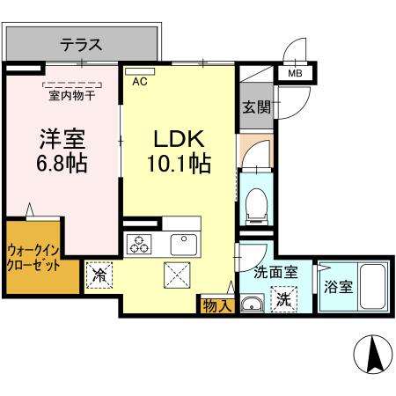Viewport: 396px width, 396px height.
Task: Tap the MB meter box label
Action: tap(294, 75)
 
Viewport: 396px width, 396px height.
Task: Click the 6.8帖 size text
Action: tap(62, 165)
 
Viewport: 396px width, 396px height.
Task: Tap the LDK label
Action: tap(180, 138)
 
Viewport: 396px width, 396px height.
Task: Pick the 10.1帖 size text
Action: tap(181, 165)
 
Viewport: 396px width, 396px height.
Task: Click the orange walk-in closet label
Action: tap(36, 255)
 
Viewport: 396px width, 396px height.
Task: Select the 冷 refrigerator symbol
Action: tap(100, 275)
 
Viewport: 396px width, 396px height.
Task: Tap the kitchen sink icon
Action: tap(185, 244)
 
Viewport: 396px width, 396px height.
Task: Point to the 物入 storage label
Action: tap(216, 305)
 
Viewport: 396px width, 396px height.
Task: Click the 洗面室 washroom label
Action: tap(274, 275)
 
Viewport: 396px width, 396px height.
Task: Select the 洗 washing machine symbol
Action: tap(283, 298)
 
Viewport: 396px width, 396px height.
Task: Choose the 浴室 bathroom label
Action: tap(337, 285)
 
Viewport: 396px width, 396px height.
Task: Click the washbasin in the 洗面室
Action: tap(250, 305)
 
